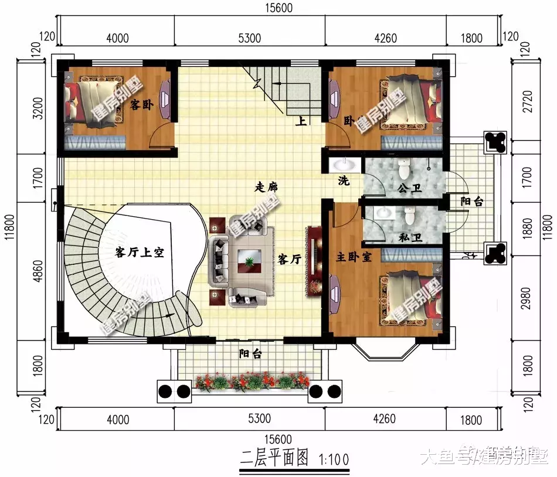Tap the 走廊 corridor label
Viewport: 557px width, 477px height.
266,188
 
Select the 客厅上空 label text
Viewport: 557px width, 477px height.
139,253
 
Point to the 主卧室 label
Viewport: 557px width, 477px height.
354,257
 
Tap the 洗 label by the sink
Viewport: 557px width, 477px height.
344,181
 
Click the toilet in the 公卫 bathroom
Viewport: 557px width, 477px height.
404,170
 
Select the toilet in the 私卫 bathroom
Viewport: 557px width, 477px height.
409,216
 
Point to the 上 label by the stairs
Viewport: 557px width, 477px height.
302,122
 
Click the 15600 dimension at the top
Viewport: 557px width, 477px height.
278,8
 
